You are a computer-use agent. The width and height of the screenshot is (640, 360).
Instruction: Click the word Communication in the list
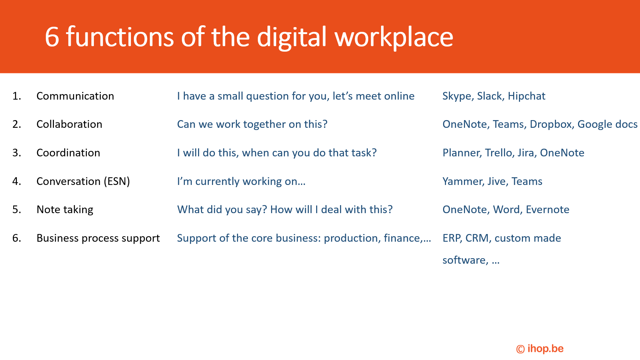click(75, 96)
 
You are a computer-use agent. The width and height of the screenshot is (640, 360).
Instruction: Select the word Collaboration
click(69, 124)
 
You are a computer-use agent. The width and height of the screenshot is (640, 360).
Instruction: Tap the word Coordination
click(68, 153)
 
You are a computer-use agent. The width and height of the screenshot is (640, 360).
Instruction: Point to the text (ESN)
click(117, 182)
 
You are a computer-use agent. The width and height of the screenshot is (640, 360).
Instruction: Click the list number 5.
click(17, 209)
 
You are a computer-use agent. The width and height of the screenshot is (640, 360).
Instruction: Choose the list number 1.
click(17, 96)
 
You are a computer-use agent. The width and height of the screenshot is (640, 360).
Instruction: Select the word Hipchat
click(527, 96)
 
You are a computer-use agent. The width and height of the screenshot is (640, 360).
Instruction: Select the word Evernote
click(548, 209)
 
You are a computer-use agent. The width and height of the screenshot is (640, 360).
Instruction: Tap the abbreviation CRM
click(478, 238)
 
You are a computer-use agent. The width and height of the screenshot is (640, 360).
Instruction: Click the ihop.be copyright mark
click(540, 349)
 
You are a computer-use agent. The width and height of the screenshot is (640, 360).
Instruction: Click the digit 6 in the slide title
click(52, 37)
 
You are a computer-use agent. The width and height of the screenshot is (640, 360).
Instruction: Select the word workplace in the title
click(394, 38)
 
